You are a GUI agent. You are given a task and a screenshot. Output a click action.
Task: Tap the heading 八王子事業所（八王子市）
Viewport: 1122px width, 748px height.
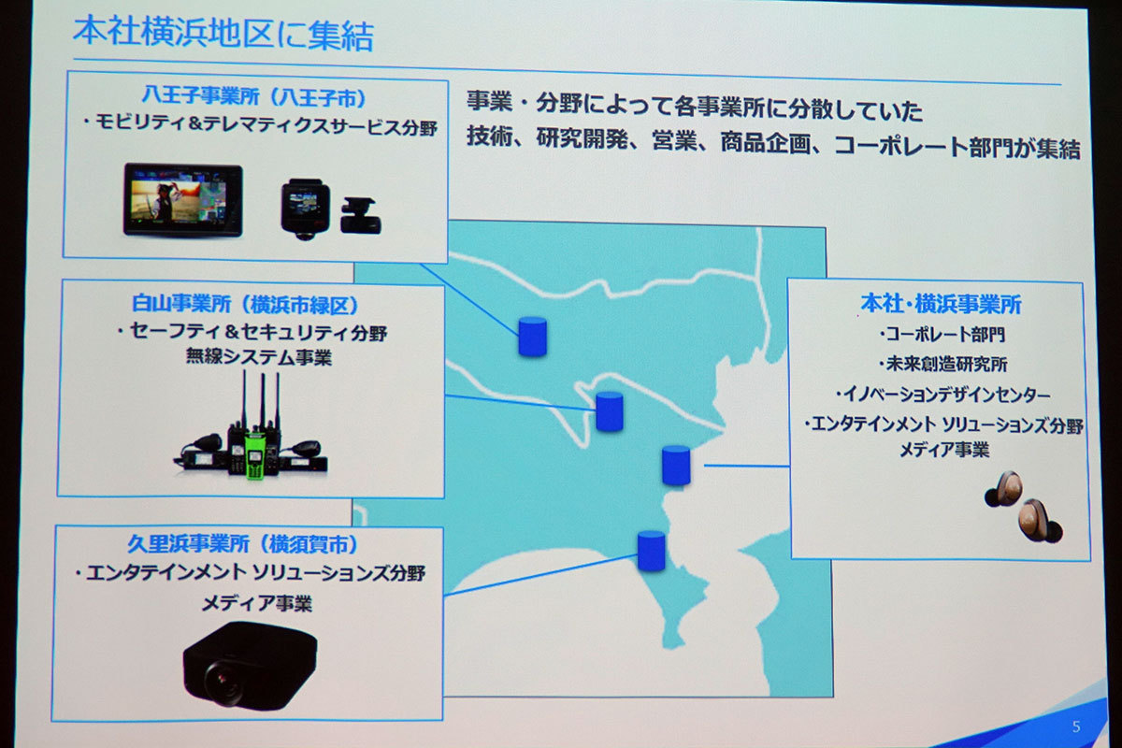coord(254,96)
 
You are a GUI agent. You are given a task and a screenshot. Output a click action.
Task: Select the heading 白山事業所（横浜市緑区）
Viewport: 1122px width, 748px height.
coord(245,304)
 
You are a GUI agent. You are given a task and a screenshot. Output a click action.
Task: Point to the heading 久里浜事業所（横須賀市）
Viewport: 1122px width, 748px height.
coord(243,543)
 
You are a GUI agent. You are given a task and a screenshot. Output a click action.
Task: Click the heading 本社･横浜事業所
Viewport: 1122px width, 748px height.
coord(941,304)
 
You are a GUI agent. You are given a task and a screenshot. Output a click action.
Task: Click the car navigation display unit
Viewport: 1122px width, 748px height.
coord(183,200)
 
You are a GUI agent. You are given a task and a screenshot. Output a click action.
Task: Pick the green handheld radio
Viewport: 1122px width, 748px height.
coord(254,453)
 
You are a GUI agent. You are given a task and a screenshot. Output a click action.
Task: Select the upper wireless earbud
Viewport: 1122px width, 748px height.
coord(1004,489)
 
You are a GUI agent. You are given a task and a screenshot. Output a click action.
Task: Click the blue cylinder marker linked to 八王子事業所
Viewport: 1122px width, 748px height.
coord(532,337)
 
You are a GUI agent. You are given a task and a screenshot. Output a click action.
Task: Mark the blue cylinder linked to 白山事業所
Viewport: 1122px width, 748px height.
coord(610,411)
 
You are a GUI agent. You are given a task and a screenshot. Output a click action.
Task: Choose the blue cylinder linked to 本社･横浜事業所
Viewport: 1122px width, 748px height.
coord(676,465)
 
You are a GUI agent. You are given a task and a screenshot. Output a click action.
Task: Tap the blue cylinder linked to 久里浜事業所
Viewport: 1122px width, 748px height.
coord(652,551)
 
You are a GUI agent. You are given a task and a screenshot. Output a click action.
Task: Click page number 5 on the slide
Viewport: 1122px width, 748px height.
coord(1076,726)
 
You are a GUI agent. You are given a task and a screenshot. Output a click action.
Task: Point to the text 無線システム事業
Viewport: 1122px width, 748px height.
coord(259,357)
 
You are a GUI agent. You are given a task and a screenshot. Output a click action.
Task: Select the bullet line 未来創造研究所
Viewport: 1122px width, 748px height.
coord(942,364)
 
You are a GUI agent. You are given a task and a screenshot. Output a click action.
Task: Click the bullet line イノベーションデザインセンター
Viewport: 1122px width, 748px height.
coord(942,395)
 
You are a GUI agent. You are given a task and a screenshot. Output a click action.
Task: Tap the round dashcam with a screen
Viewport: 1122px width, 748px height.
coord(305,209)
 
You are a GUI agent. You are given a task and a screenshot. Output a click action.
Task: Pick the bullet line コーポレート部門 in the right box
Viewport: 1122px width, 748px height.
coord(942,334)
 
